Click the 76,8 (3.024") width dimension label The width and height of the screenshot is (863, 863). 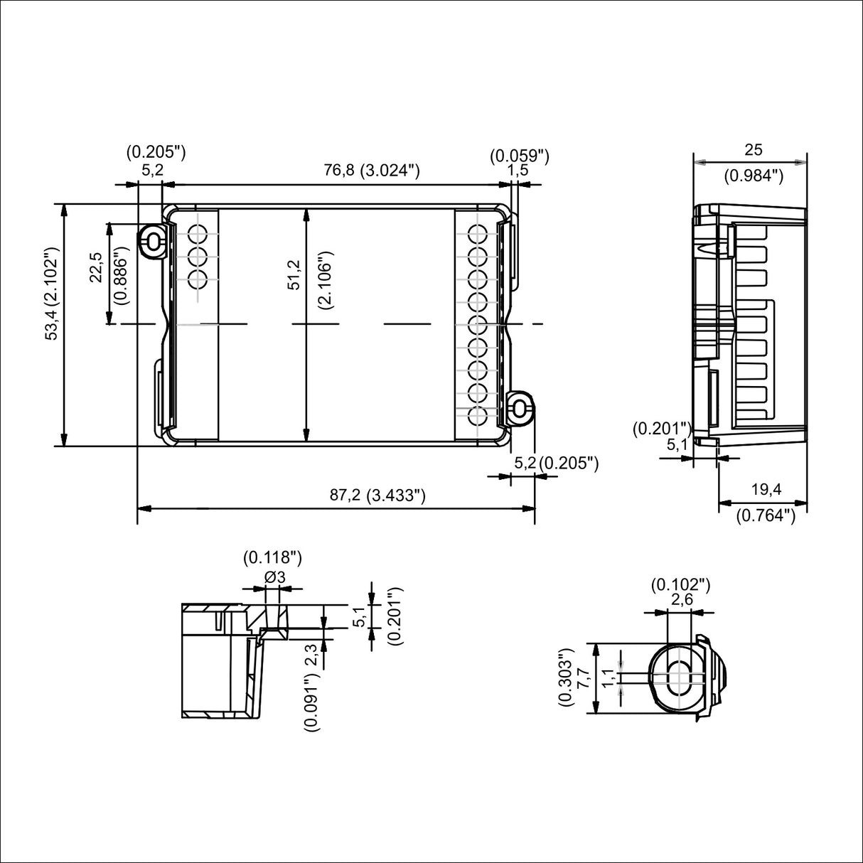click(x=372, y=170)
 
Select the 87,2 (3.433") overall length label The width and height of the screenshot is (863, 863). click(x=377, y=495)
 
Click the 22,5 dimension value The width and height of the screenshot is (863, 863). click(x=96, y=268)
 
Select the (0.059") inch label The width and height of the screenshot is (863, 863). click(x=520, y=155)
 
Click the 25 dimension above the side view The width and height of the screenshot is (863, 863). click(x=753, y=149)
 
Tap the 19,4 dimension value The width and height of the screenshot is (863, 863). click(x=766, y=489)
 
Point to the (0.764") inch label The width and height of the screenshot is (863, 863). click(x=765, y=515)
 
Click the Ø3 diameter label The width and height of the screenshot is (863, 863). click(x=274, y=578)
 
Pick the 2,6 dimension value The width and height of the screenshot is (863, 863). click(x=682, y=600)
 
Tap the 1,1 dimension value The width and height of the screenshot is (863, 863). click(x=608, y=677)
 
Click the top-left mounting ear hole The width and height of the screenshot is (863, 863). click(x=151, y=240)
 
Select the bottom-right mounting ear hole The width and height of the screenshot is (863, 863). click(x=521, y=409)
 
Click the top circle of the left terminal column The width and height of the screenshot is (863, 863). click(x=198, y=233)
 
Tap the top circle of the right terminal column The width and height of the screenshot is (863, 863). click(x=477, y=233)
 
